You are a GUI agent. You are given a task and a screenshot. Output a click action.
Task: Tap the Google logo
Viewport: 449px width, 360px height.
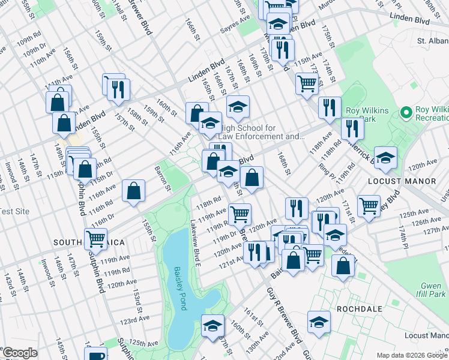point(20,353)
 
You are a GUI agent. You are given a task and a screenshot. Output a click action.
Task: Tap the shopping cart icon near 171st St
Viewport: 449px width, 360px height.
point(369,205)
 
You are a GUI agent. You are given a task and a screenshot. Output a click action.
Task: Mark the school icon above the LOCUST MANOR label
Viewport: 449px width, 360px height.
point(385,157)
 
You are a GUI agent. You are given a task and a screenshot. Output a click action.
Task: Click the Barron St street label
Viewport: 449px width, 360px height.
point(162,178)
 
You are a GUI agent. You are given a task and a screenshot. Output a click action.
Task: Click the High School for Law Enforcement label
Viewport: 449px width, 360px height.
point(261,132)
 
